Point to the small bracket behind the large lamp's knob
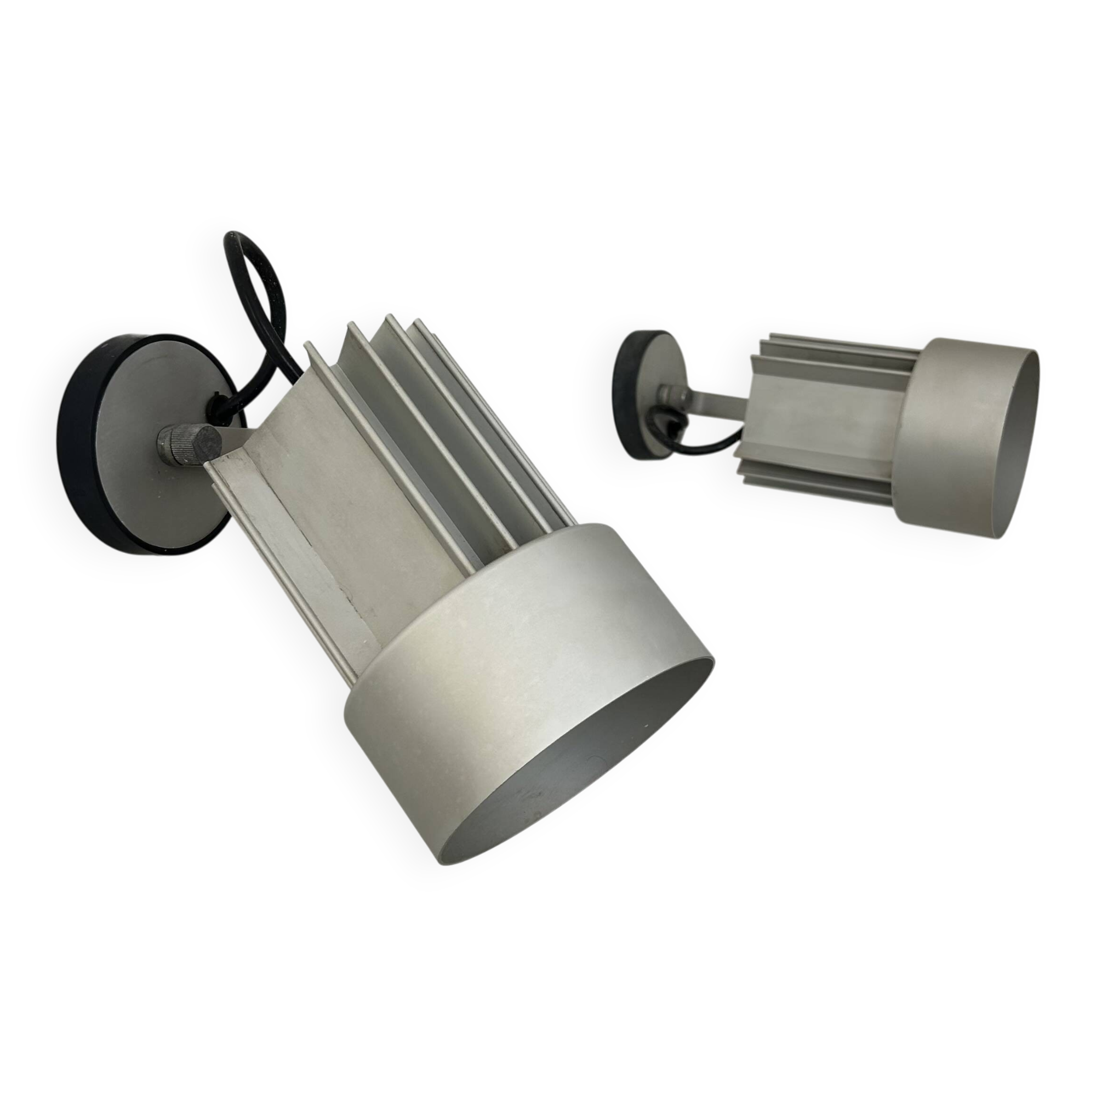click(x=224, y=439)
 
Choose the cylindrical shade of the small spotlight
click(x=941, y=442)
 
